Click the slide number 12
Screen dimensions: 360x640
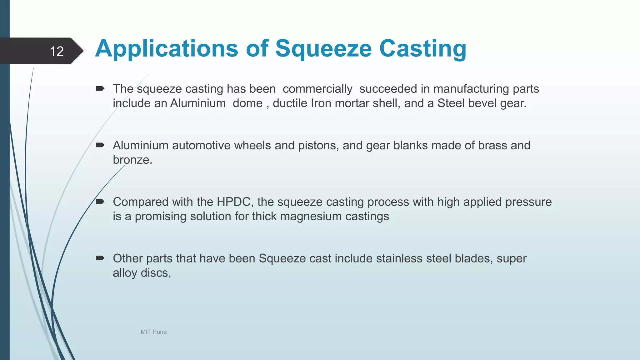click(x=57, y=51)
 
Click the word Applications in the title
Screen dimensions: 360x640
click(x=167, y=49)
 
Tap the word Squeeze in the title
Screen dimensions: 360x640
click(x=323, y=49)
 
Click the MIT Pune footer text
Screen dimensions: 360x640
click(x=153, y=332)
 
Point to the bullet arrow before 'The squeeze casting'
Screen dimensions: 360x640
click(x=100, y=88)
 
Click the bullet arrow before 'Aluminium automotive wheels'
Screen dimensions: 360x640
click(x=100, y=145)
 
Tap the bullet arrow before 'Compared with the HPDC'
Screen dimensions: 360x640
click(x=100, y=202)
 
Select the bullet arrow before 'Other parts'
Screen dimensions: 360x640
click(x=100, y=258)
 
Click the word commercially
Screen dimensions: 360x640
click(x=317, y=89)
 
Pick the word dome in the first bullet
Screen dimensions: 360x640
click(x=247, y=103)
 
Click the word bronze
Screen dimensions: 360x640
click(x=132, y=160)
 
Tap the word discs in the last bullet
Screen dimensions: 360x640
click(x=156, y=273)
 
